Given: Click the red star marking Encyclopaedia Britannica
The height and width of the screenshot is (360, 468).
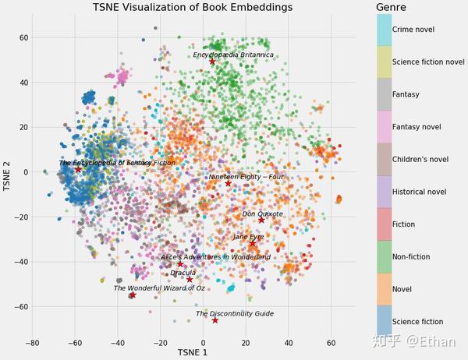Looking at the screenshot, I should (212, 62).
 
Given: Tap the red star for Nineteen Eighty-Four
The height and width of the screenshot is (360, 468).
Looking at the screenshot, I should (229, 183).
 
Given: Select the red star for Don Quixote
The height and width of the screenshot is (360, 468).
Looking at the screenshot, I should (261, 220).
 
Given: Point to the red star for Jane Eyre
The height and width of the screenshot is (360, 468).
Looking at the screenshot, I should (252, 243).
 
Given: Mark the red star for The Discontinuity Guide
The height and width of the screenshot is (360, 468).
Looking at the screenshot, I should (214, 320).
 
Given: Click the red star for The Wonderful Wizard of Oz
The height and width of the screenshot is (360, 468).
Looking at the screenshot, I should (133, 295).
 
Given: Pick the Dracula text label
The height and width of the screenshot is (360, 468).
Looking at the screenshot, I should (183, 273).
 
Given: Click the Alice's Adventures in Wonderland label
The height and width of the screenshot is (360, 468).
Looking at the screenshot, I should (215, 257).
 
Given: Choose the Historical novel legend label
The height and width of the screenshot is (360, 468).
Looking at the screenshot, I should (419, 192).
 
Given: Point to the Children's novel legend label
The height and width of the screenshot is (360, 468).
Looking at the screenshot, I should (420, 160).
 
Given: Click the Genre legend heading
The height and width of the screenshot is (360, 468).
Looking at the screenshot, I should (392, 7).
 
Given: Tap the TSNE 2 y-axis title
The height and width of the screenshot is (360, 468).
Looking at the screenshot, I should (7, 176).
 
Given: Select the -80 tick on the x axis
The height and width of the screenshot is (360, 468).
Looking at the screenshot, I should (32, 342).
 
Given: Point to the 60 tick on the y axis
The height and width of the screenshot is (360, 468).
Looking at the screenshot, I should (23, 37).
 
